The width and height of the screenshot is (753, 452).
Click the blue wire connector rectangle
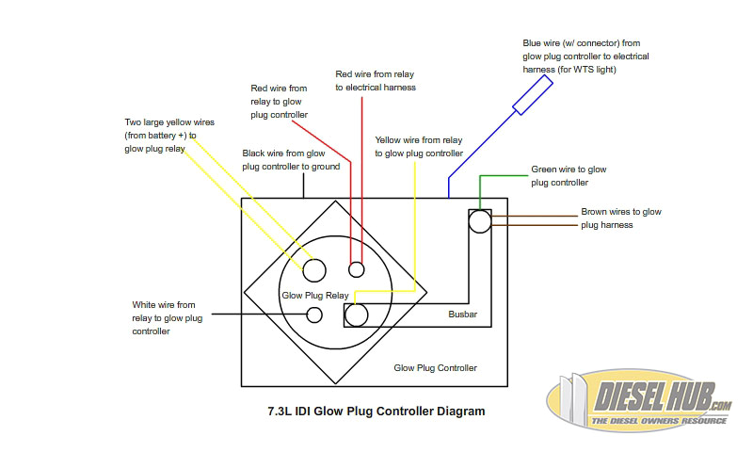coord(532,95)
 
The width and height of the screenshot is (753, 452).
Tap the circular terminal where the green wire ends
coord(480,221)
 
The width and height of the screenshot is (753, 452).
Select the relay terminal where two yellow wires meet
coord(313,270)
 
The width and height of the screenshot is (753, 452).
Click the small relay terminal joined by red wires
coord(356,270)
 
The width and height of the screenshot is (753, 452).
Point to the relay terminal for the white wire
coord(315,315)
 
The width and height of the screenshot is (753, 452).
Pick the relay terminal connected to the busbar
coord(357,315)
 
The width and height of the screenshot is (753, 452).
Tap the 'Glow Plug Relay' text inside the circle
coord(315,295)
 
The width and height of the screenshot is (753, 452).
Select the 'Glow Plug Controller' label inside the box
coord(435,367)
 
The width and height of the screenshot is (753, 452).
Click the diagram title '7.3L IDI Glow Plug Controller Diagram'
coord(376,412)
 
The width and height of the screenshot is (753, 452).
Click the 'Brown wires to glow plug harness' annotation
coord(620,218)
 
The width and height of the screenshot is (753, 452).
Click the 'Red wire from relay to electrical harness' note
coord(376,80)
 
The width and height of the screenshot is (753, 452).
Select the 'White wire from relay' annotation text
coord(167,318)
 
